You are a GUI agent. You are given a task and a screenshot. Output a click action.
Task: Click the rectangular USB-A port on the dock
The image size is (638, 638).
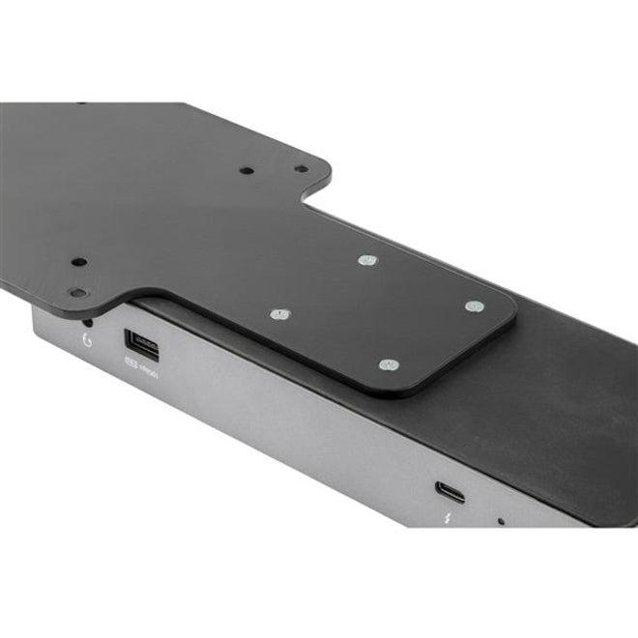[x=135, y=343]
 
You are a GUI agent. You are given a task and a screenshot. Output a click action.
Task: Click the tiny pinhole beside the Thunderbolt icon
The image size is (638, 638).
[x=500, y=522]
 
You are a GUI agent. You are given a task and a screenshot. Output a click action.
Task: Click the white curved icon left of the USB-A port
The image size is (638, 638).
[x=88, y=339]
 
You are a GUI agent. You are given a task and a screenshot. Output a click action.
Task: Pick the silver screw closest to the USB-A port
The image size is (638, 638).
[x=279, y=315]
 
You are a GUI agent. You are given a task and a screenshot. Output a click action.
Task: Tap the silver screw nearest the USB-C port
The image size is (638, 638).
[x=390, y=364]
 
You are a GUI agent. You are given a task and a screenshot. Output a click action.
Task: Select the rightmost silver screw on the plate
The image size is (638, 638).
[x=473, y=306]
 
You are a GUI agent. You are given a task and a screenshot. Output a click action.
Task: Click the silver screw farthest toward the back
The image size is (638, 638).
[x=366, y=260]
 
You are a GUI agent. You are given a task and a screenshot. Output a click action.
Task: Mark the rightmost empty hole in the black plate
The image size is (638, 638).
[x=302, y=168]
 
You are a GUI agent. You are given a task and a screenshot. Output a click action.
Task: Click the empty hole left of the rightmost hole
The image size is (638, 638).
[x=247, y=170]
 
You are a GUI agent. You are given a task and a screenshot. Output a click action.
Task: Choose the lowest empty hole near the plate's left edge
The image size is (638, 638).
[x=77, y=292]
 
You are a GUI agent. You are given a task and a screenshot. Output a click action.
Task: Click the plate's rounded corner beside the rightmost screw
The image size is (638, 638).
[x=509, y=315]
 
